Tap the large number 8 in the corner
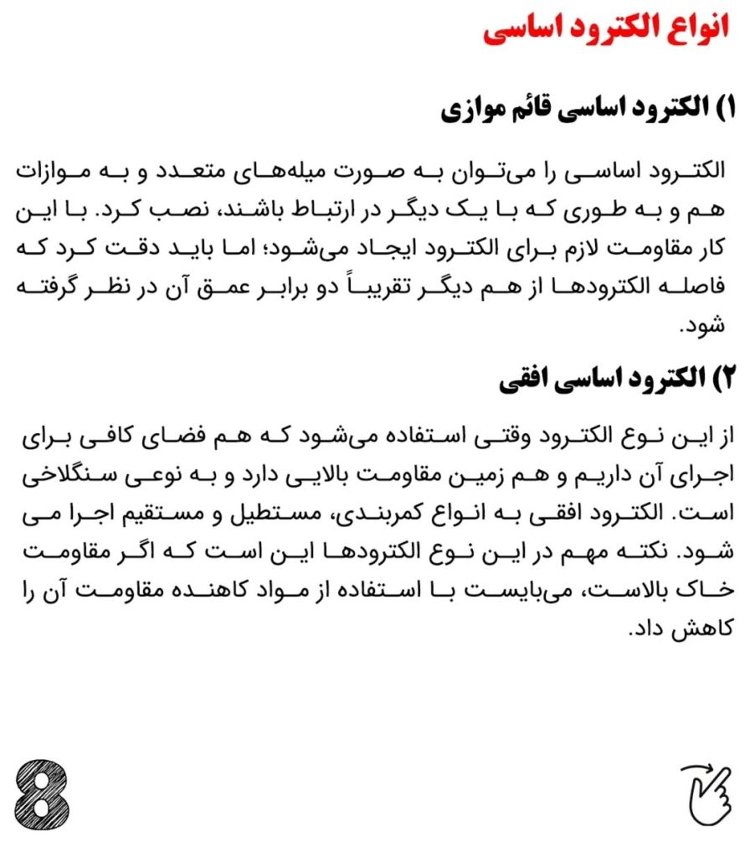[x=43, y=794]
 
